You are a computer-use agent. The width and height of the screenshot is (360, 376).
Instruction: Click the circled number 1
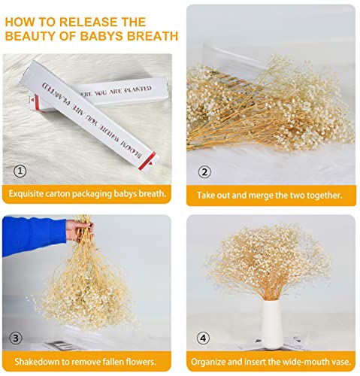tap(19, 171)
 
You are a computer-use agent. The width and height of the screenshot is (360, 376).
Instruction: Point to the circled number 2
tap(204, 171)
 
